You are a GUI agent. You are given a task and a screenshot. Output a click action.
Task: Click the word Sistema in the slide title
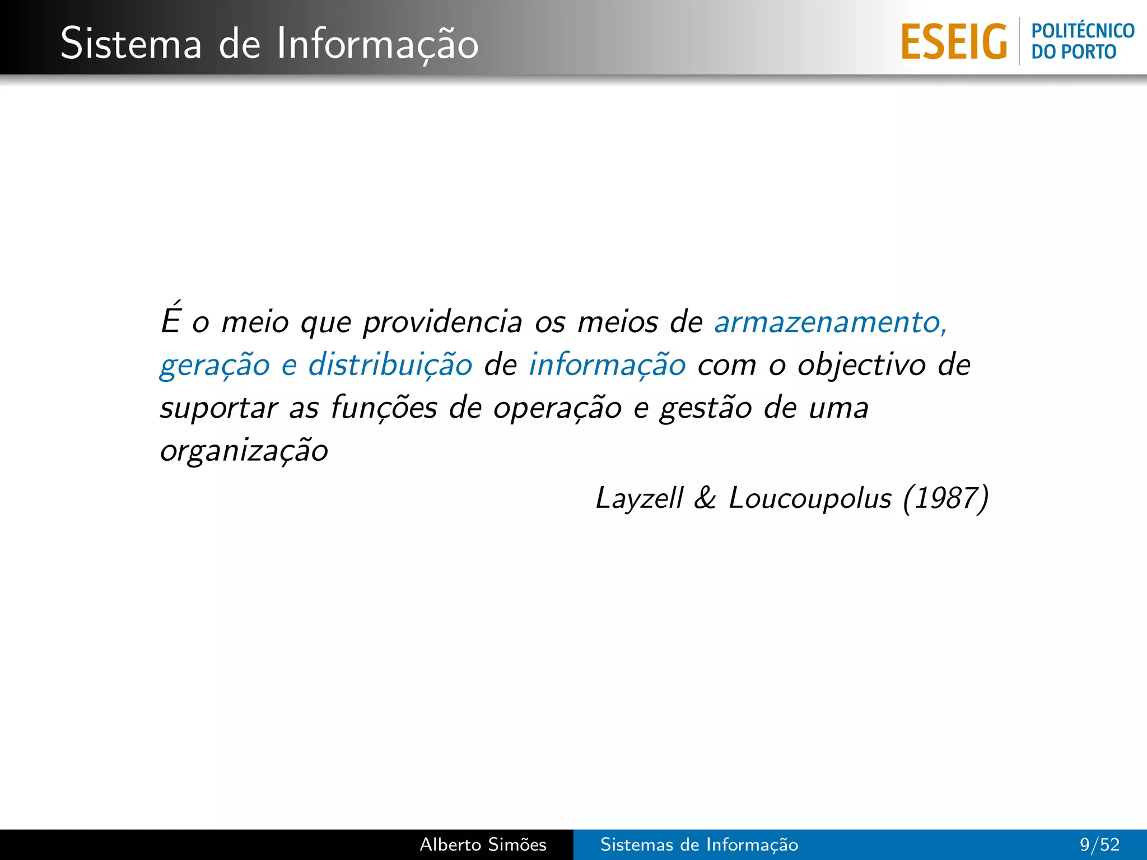click(130, 44)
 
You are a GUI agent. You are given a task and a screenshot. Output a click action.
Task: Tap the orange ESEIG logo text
click(954, 42)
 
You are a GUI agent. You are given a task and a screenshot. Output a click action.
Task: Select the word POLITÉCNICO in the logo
click(1083, 31)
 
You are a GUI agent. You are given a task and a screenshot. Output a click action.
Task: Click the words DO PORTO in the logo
click(1074, 52)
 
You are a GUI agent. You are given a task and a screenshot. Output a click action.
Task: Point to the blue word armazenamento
click(829, 322)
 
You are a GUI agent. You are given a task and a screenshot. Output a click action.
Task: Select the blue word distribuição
click(390, 366)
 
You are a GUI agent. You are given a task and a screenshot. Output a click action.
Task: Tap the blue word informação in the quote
click(607, 366)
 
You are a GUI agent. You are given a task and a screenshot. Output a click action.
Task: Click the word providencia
click(442, 322)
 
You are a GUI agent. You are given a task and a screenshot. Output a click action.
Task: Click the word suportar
click(219, 408)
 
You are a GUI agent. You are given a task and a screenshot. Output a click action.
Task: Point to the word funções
click(384, 407)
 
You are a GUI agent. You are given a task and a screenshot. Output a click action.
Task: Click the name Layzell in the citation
click(639, 498)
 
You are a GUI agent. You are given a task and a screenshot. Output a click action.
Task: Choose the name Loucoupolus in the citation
click(809, 498)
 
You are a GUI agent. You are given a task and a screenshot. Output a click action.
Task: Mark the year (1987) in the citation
click(945, 498)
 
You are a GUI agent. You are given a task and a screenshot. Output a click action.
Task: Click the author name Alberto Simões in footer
click(483, 844)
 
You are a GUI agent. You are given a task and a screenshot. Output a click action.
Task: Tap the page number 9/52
click(1099, 844)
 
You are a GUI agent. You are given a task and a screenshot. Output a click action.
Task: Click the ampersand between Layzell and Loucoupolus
click(705, 498)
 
